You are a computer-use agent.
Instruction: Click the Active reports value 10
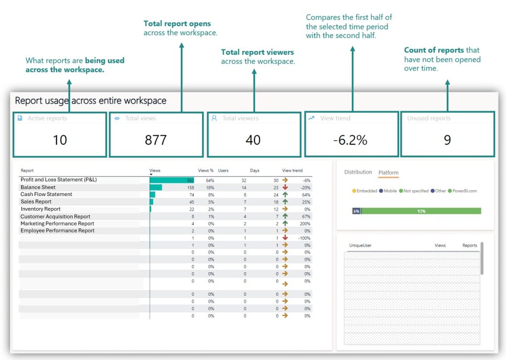point(60,140)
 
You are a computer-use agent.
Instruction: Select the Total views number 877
point(156,140)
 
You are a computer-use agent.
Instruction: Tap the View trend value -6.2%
point(350,140)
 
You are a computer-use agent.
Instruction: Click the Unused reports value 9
point(447,140)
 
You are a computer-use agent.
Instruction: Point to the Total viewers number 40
point(253,140)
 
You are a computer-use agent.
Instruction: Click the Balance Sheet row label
point(38,188)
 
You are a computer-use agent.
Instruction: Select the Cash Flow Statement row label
point(46,195)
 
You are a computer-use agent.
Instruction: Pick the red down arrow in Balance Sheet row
point(285,188)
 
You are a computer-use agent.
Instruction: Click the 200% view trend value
point(305,224)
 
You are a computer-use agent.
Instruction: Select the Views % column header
point(206,171)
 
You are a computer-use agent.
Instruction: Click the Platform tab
point(388,173)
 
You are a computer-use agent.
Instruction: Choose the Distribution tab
point(358,172)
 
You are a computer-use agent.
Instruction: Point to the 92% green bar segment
point(421,211)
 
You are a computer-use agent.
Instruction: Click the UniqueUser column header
point(361,245)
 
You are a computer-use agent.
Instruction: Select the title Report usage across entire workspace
point(90,101)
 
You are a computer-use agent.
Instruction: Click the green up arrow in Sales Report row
point(285,202)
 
